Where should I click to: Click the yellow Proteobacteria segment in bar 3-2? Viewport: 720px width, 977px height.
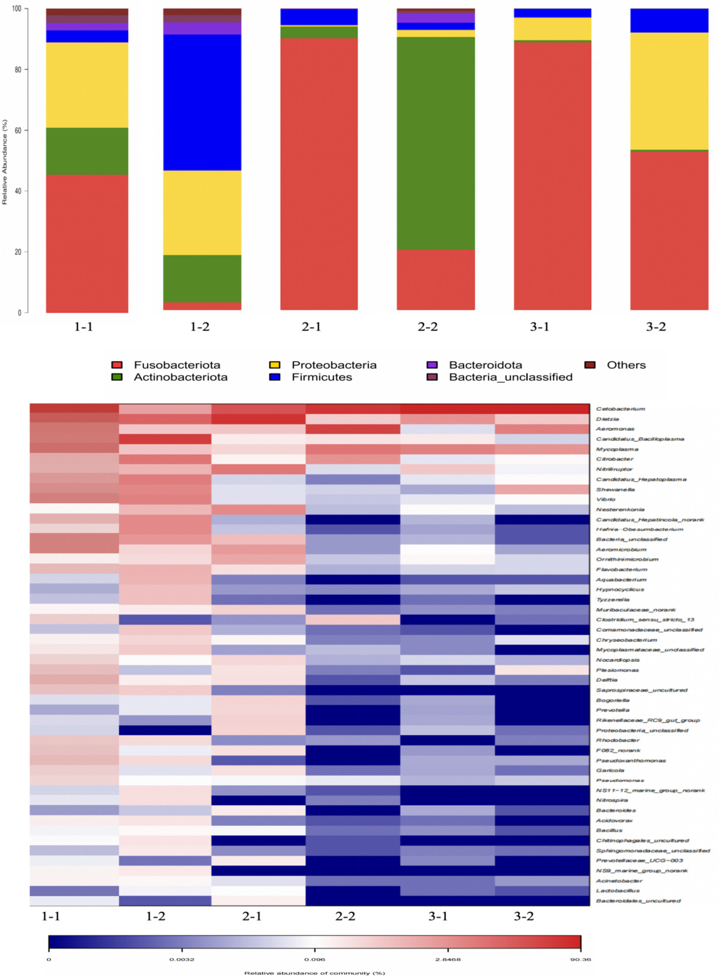click(x=669, y=91)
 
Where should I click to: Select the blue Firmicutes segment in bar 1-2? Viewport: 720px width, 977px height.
click(x=202, y=103)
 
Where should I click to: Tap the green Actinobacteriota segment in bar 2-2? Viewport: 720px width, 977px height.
click(x=436, y=143)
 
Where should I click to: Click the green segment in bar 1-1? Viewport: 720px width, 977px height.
click(x=87, y=151)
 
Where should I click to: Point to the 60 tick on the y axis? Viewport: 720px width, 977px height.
click(x=18, y=130)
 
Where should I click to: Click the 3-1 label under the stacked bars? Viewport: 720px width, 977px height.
click(x=540, y=327)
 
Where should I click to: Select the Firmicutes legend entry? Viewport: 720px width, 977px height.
click(x=322, y=377)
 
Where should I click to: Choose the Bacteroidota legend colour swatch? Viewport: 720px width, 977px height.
click(x=432, y=365)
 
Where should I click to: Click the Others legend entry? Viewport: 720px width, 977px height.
click(x=626, y=365)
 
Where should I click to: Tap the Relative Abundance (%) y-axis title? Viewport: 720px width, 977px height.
click(x=5, y=162)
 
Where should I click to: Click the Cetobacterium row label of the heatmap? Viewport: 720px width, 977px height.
click(x=620, y=409)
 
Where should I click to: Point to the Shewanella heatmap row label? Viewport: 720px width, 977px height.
click(x=615, y=489)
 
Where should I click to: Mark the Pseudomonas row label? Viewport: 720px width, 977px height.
click(x=620, y=781)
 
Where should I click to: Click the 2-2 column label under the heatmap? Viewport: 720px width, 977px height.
click(x=345, y=916)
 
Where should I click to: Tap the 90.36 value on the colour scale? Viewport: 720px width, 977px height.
click(x=580, y=959)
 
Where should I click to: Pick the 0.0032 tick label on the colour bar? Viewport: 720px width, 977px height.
click(x=182, y=959)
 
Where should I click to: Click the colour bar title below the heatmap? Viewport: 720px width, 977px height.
click(x=315, y=973)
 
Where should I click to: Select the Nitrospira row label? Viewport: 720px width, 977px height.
click(x=612, y=801)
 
